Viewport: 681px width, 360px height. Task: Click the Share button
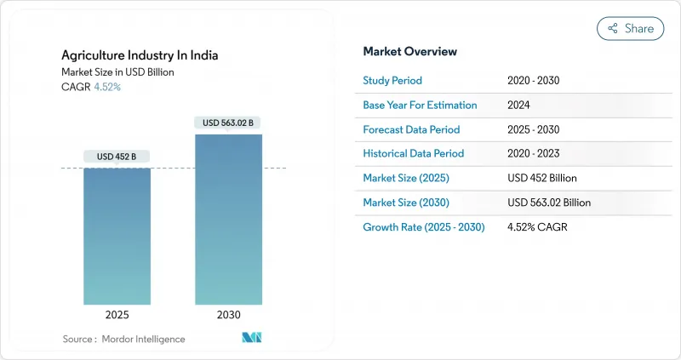(x=630, y=28)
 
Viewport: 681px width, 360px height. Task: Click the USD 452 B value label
(x=117, y=156)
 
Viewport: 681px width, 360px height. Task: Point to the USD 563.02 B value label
(x=228, y=123)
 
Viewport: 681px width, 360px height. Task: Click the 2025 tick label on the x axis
(x=117, y=315)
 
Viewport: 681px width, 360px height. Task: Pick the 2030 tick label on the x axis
(x=228, y=315)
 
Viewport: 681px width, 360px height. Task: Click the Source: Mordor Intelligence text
(x=123, y=339)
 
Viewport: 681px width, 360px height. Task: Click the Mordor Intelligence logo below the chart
(x=252, y=338)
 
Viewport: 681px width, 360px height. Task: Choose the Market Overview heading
(x=410, y=52)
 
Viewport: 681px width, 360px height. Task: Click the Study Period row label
(x=392, y=81)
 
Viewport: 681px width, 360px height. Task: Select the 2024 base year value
(x=518, y=105)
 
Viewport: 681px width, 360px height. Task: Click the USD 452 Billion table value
(x=541, y=179)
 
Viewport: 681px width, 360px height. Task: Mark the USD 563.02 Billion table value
(x=548, y=203)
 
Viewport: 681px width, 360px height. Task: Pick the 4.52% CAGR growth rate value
(x=536, y=227)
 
